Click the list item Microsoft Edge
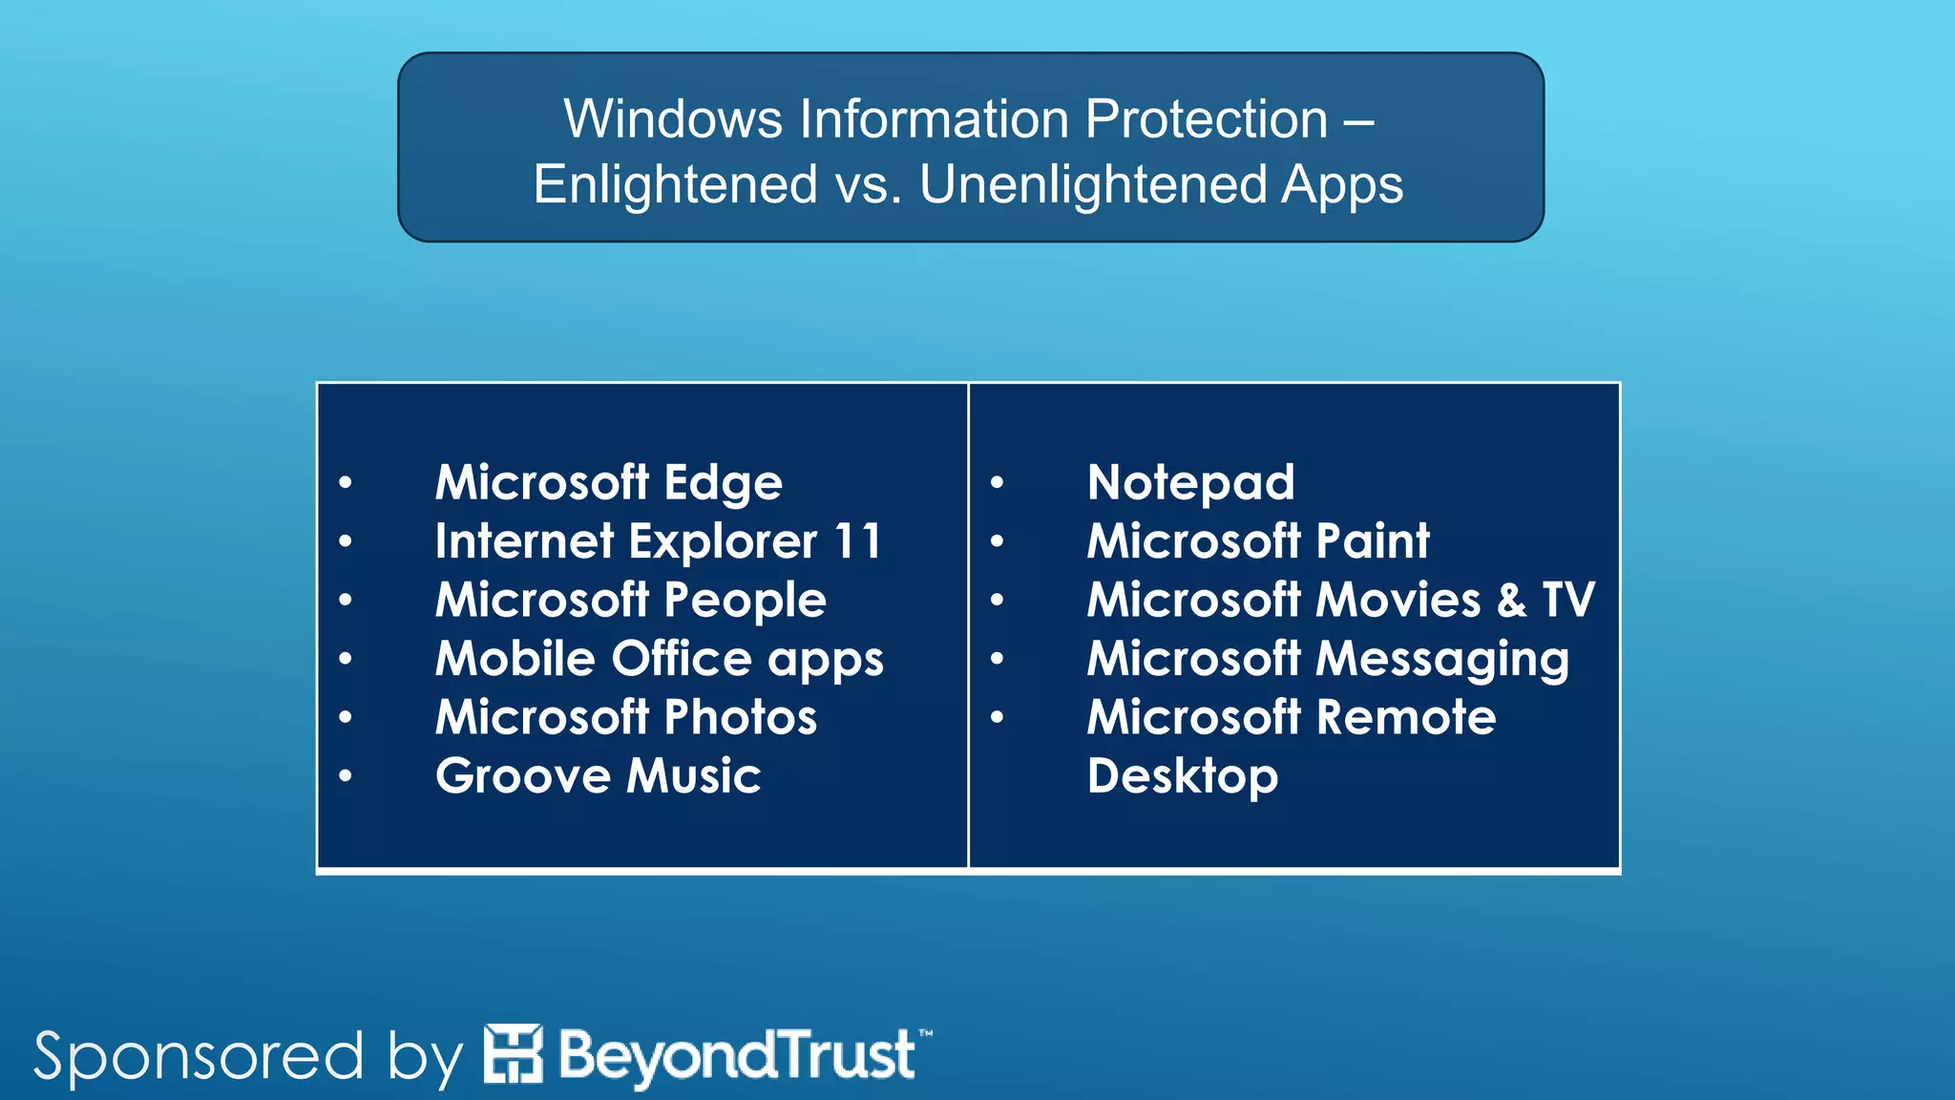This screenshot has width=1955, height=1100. tap(608, 482)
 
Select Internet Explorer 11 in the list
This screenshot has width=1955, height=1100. tap(658, 541)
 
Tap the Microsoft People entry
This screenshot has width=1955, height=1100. tap(630, 601)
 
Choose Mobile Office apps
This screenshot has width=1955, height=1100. tap(659, 659)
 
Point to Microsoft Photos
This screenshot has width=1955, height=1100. tap(625, 717)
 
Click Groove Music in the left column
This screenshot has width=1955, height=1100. tap(598, 775)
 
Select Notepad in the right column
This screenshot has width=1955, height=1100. tap(1190, 482)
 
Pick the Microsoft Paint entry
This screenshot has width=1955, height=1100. tap(1258, 541)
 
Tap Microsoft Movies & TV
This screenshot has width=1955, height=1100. tap(1340, 601)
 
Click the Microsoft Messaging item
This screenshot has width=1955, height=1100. tap(1328, 659)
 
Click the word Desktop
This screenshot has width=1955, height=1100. tap(1182, 776)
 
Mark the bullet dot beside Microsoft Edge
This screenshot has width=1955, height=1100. tap(346, 483)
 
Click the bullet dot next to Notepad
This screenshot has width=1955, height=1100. tap(997, 483)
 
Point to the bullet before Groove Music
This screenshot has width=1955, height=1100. tap(346, 776)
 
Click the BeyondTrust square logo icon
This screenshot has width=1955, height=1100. tap(513, 1054)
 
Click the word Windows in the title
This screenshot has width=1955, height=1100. tap(673, 119)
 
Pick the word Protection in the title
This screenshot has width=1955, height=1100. tap(1206, 119)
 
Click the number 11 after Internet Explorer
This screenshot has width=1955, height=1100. tap(856, 541)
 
